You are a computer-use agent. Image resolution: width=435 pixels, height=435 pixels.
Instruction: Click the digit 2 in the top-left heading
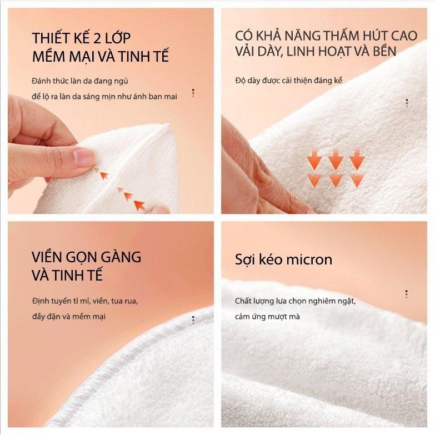click(97, 38)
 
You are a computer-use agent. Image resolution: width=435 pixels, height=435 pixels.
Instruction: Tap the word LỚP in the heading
click(118, 37)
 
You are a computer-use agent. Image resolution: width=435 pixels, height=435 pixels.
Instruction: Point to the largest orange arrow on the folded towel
click(139, 205)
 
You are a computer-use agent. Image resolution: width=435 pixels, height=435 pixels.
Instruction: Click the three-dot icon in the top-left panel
click(193, 93)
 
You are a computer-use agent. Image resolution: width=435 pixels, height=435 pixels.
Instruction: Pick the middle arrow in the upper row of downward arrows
click(336, 159)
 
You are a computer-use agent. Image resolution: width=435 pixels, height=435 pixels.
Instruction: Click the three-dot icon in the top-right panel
click(407, 103)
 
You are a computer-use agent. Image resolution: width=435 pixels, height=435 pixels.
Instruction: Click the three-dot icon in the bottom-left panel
click(193, 319)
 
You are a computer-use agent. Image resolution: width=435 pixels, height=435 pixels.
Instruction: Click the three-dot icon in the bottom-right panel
click(407, 294)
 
